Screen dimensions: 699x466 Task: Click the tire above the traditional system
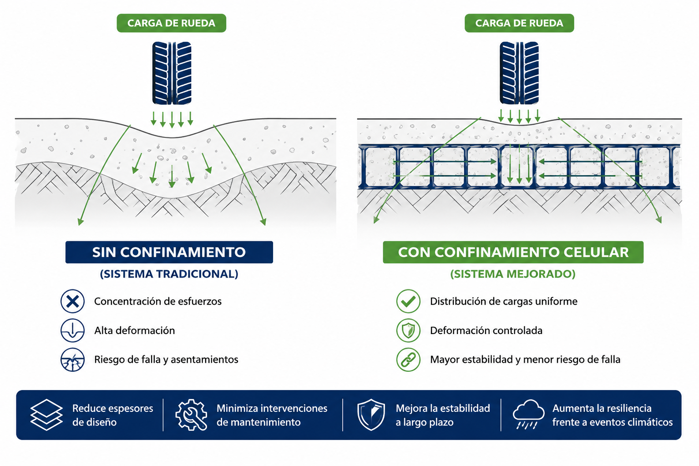point(172,73)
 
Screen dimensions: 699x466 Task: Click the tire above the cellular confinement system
point(519,73)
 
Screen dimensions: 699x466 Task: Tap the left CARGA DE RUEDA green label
point(171,23)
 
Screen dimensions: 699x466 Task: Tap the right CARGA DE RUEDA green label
point(519,23)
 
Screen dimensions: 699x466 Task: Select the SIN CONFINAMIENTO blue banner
point(169,252)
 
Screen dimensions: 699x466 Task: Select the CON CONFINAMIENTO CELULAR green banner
point(513,252)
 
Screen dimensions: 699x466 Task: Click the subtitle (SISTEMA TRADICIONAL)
point(169,274)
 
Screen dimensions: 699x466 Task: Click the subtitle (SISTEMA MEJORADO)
point(513,274)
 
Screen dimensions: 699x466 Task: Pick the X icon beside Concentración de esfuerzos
point(72,301)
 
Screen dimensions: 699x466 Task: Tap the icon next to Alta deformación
point(72,330)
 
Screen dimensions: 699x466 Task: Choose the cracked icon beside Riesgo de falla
point(72,360)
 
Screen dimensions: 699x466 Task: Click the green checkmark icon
point(408,301)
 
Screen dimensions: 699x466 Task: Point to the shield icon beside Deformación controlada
point(408,330)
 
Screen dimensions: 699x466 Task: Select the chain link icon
point(408,360)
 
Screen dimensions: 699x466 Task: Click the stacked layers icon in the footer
point(46,415)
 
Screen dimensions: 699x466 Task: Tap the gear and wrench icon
point(191,415)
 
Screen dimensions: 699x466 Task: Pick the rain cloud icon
point(528,414)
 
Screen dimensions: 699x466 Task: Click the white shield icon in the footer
point(371,415)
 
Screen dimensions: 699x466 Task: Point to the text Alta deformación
point(135,330)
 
